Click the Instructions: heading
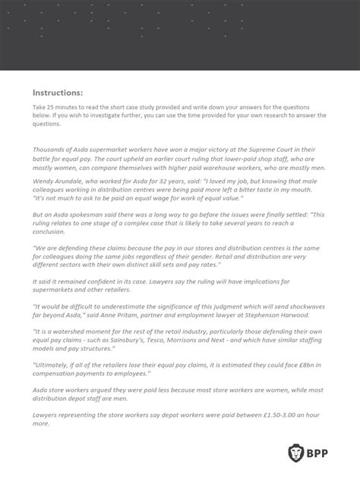coord(58,93)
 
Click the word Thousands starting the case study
coord(50,150)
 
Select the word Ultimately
coord(54,363)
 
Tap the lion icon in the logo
coord(296,455)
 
